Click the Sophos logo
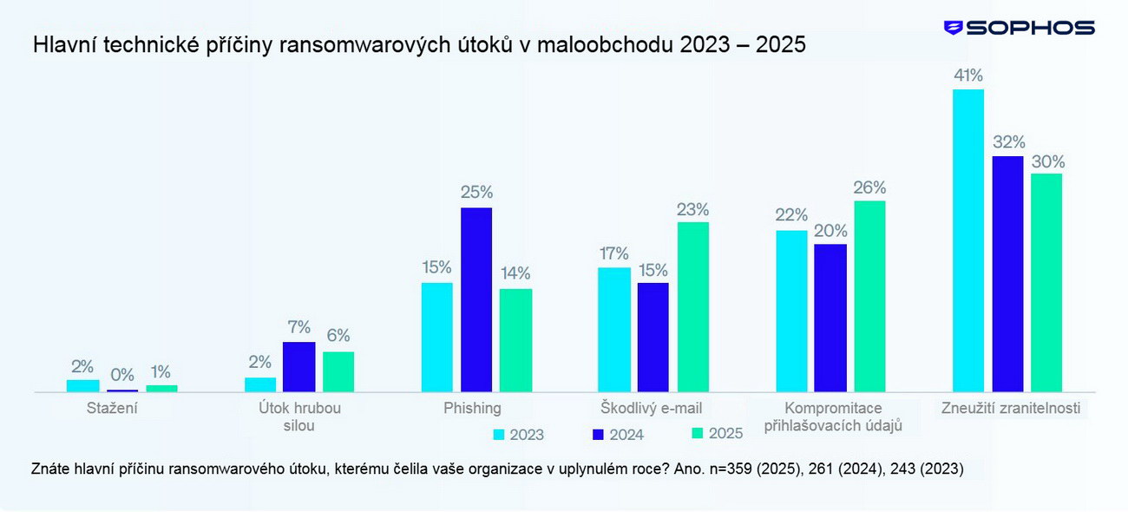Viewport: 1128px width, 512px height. coord(1019,28)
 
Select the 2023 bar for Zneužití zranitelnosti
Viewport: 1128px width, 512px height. coord(967,240)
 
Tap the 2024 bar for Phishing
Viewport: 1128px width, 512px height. coord(475,299)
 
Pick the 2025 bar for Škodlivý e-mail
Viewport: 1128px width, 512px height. coord(693,307)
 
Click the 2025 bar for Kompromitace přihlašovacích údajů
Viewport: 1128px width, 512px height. coord(869,297)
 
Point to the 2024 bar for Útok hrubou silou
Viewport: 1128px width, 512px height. coord(298,367)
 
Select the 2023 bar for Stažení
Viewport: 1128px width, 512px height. coord(83,385)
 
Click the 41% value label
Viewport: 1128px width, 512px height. coord(967,75)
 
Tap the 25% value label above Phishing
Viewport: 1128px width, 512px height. coord(476,193)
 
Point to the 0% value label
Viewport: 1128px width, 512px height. coord(122,375)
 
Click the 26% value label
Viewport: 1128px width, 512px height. coord(869,187)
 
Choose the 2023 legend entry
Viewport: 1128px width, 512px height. coord(518,435)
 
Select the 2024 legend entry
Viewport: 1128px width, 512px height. coord(618,435)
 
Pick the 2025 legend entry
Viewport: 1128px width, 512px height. coord(717,433)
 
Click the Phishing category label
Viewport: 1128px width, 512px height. coord(472,408)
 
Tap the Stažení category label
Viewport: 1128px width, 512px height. coord(112,408)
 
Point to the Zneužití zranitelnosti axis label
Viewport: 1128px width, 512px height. coord(1011,408)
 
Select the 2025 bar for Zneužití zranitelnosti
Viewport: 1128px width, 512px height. coord(1046,283)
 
